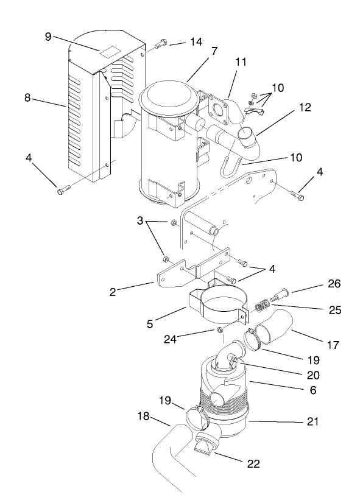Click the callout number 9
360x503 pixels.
tap(48, 36)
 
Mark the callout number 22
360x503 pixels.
tap(253, 463)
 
